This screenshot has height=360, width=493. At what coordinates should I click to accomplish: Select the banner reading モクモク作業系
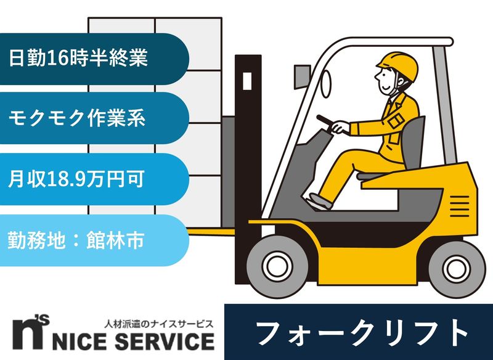coord(92,118)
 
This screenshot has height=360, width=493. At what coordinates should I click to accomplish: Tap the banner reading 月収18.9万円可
coord(92,179)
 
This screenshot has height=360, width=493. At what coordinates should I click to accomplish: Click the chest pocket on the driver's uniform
coord(394,117)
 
